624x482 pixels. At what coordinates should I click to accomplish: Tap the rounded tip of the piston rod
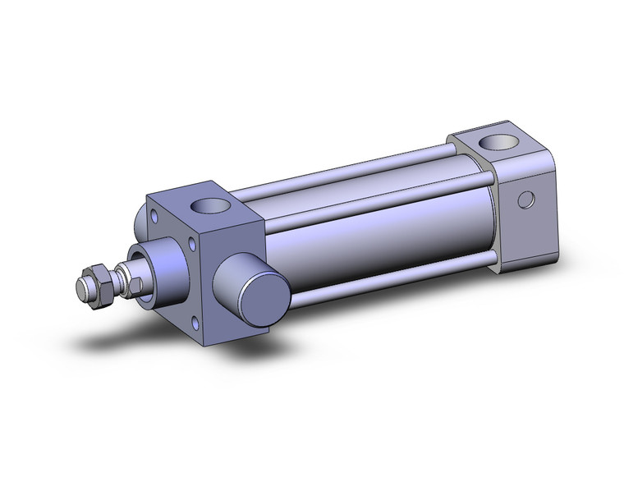[x=83, y=289]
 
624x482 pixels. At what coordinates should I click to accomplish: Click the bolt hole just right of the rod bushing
[x=192, y=244]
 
